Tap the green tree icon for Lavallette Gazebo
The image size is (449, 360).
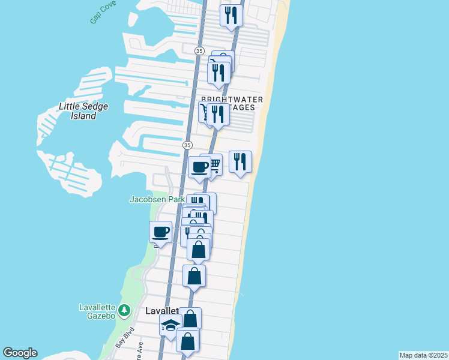(124, 310)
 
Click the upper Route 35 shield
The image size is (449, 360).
(199, 51)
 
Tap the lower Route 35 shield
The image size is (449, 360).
(187, 145)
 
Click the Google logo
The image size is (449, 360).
(20, 353)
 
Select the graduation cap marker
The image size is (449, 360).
(170, 326)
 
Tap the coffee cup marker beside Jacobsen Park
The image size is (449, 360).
(160, 231)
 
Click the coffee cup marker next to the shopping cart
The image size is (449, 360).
(199, 167)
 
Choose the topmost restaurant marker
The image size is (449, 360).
(231, 14)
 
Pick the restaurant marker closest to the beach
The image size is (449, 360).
(240, 161)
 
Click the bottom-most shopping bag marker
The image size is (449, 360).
(188, 341)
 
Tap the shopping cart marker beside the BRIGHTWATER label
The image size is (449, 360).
(206, 112)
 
